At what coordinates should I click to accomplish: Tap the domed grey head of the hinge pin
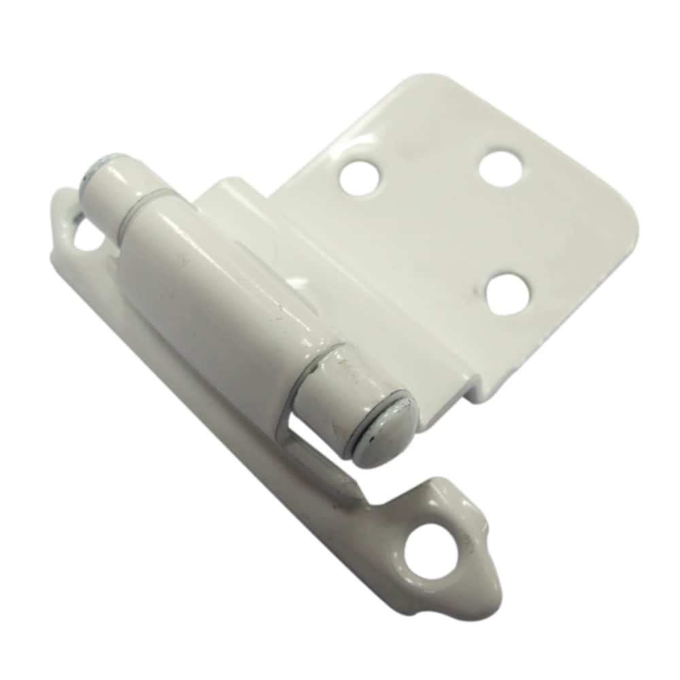[x=385, y=430]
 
